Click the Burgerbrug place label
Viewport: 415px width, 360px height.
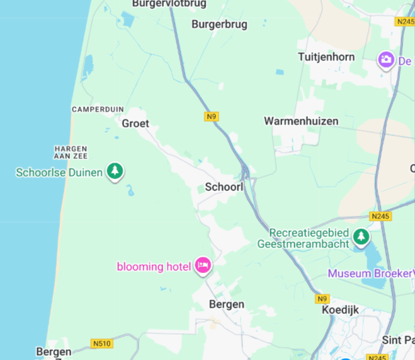(x=219, y=25)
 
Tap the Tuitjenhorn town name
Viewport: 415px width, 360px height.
(x=326, y=57)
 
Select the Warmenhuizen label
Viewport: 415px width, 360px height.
(x=301, y=121)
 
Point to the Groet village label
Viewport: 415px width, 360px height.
(x=135, y=124)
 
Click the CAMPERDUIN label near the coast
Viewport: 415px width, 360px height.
(x=98, y=109)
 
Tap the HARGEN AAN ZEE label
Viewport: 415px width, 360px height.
(x=71, y=152)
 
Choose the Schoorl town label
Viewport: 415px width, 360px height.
(x=224, y=187)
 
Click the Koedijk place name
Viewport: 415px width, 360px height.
(x=339, y=310)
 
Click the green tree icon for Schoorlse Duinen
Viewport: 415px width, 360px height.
(x=115, y=171)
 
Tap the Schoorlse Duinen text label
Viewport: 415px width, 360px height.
(x=59, y=172)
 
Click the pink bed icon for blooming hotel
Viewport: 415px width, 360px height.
(x=203, y=265)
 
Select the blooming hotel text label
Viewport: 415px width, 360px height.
(x=154, y=267)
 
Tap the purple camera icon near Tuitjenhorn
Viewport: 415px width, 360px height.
(x=385, y=60)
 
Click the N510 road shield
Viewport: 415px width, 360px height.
(x=101, y=344)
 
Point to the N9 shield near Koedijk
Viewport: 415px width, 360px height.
(x=322, y=298)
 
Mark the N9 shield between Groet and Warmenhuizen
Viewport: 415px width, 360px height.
(x=212, y=117)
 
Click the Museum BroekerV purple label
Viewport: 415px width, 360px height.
(x=371, y=274)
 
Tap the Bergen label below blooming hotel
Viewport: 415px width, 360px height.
(x=226, y=305)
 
